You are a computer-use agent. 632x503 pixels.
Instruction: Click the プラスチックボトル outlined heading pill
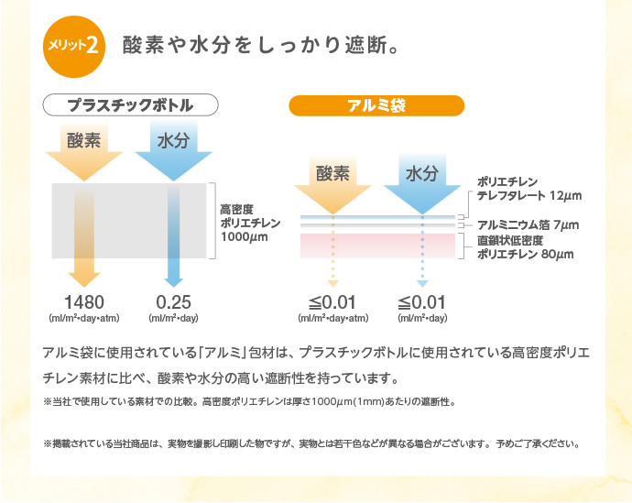click(x=131, y=104)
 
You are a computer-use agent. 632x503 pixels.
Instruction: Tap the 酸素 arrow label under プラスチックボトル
click(x=84, y=142)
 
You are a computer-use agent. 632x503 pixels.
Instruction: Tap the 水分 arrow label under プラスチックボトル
click(x=172, y=142)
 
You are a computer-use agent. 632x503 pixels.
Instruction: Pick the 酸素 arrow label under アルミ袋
click(x=333, y=173)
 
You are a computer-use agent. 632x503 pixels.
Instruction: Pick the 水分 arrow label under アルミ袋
click(x=422, y=173)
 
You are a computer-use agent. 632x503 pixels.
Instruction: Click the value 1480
click(x=84, y=301)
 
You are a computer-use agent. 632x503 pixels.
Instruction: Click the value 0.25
click(x=173, y=301)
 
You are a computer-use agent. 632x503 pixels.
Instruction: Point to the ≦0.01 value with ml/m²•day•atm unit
click(x=333, y=301)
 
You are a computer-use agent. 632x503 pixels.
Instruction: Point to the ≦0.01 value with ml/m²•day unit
click(x=422, y=301)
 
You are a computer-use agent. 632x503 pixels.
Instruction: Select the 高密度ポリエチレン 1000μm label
click(x=249, y=223)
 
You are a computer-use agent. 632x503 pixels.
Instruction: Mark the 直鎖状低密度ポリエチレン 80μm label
click(x=522, y=247)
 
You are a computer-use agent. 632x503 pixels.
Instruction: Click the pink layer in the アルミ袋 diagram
click(x=377, y=245)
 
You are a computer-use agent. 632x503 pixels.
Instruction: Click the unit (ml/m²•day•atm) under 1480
click(x=84, y=319)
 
